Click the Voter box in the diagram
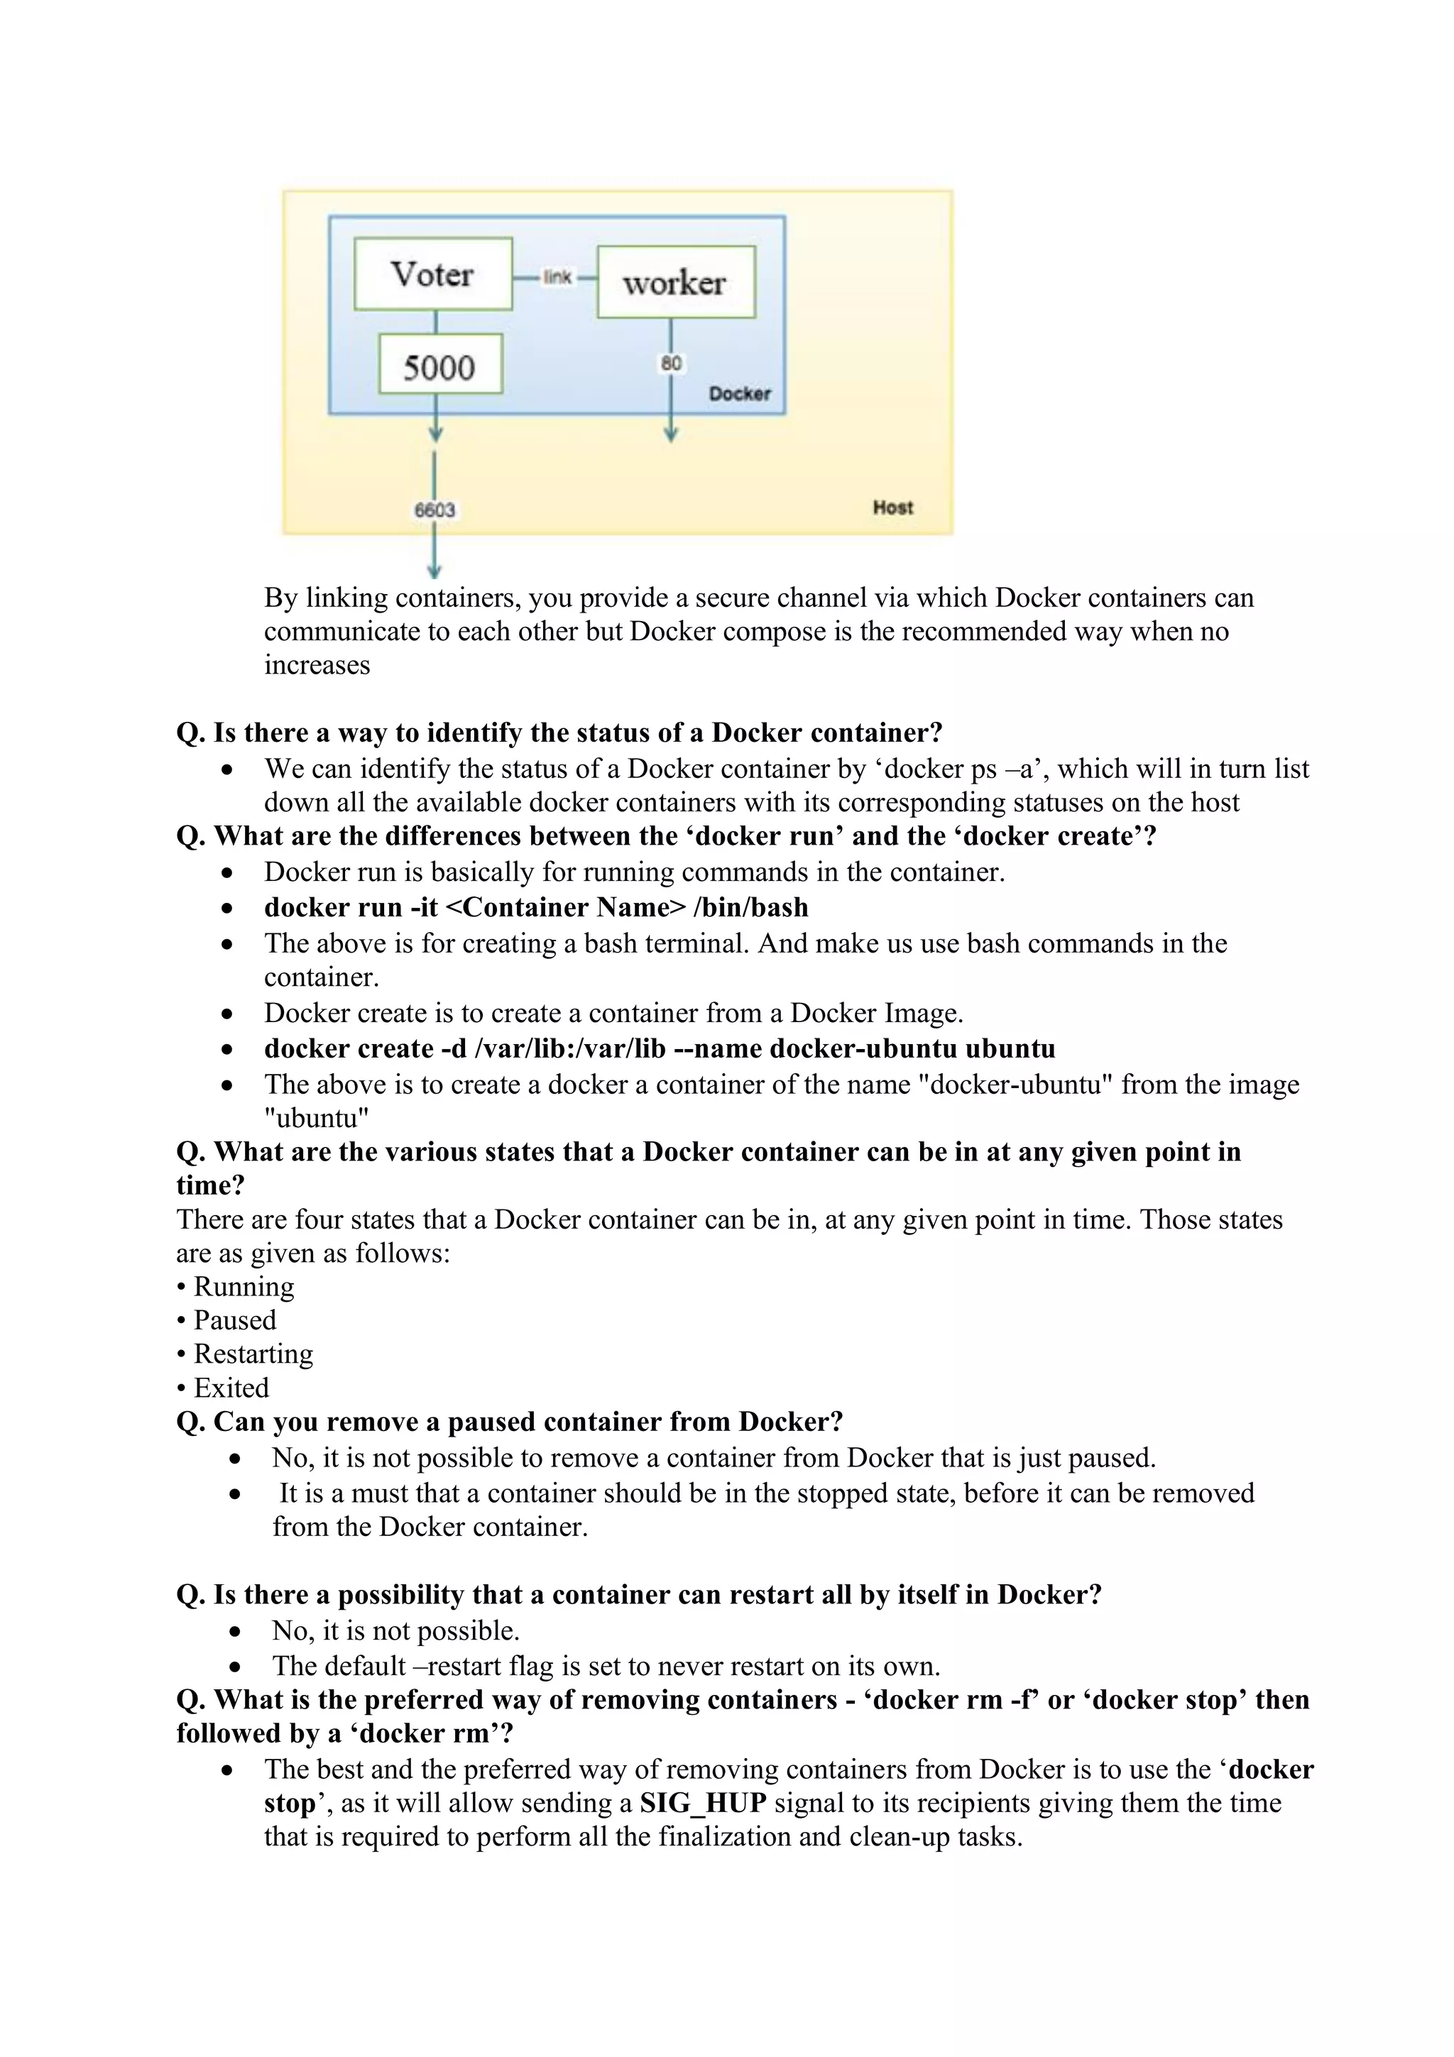[432, 274]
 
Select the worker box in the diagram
[675, 283]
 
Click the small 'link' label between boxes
[557, 277]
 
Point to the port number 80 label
[671, 363]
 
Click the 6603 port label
[434, 510]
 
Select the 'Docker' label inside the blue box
[739, 393]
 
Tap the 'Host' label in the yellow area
[892, 507]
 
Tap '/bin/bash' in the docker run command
[750, 908]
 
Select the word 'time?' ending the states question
[211, 1185]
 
